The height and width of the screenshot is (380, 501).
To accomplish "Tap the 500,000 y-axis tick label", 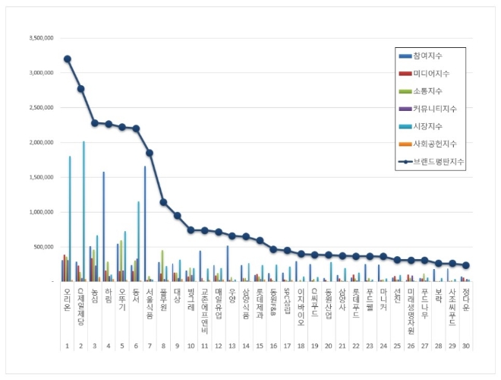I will [43, 247].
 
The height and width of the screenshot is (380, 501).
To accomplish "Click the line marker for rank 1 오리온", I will [67, 59].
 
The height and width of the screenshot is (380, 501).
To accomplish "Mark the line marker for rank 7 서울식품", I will [150, 153].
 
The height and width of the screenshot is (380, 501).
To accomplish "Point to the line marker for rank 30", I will [466, 265].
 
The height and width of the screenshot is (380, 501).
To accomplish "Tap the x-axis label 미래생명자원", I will [411, 310].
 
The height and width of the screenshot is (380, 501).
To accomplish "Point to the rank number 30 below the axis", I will [466, 346].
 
